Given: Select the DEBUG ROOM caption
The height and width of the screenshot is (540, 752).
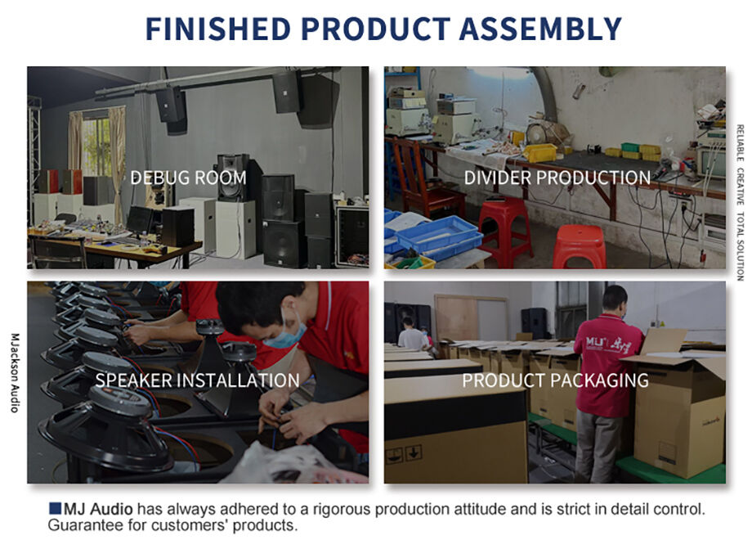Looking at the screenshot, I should tap(188, 178).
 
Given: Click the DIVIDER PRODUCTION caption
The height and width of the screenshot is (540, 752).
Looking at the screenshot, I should tap(557, 178).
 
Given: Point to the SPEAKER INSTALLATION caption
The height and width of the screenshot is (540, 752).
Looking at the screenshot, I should tap(197, 380).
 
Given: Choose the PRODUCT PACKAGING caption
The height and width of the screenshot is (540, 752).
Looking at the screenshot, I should tap(555, 380).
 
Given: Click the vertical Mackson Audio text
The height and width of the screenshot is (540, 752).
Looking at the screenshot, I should tap(15, 372).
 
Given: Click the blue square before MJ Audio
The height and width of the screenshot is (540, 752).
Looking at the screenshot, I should tap(55, 509).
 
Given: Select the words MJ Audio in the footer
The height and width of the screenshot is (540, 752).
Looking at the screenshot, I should tap(98, 509).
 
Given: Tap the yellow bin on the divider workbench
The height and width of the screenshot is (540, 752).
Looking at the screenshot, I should tap(540, 152).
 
